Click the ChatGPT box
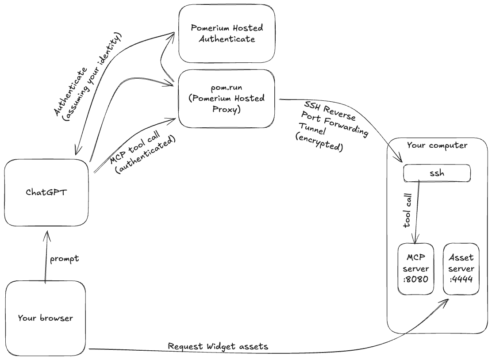tap(46, 192)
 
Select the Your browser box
tap(45, 318)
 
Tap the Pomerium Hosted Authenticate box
tap(227, 34)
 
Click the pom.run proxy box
tap(227, 98)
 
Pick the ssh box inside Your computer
tap(437, 173)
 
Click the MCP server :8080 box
tap(416, 269)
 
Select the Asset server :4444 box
tap(461, 269)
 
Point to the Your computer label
tap(437, 145)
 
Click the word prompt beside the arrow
tap(64, 259)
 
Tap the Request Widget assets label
tap(218, 346)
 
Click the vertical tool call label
tap(408, 211)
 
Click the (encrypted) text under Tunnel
tap(319, 142)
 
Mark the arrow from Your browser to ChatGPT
tap(45, 257)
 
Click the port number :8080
tap(416, 280)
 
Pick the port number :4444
tap(461, 280)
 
